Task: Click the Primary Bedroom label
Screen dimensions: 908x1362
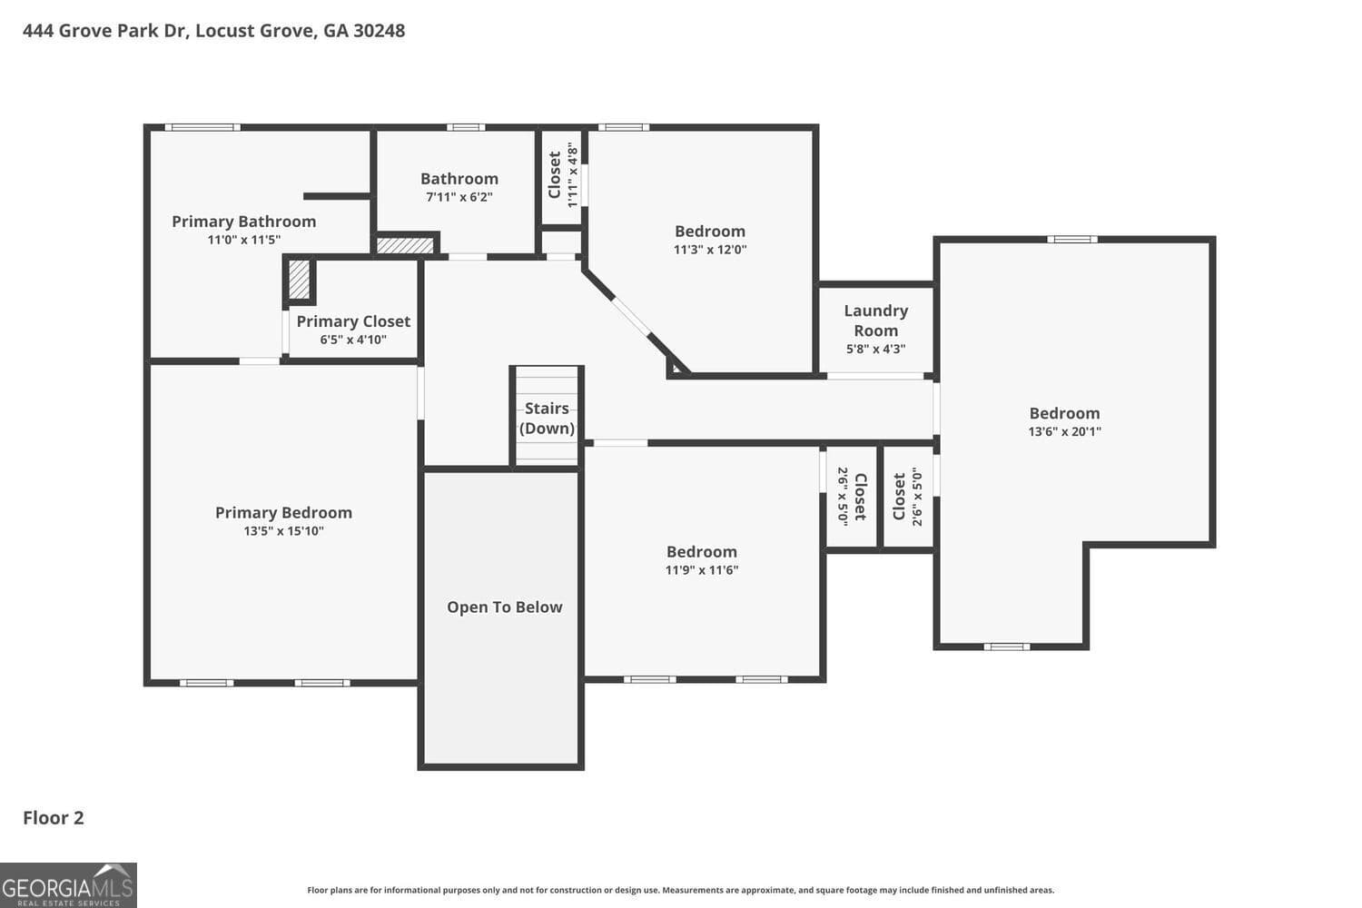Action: pyautogui.click(x=283, y=513)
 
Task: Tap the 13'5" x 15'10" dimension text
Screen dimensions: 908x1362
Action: pyautogui.click(x=283, y=531)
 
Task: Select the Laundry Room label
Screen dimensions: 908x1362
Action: pyautogui.click(x=875, y=321)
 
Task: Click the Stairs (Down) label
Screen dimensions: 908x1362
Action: pyautogui.click(x=547, y=419)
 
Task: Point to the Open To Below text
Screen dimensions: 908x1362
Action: pyautogui.click(x=504, y=607)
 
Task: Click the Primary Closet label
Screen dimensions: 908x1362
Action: pyautogui.click(x=353, y=321)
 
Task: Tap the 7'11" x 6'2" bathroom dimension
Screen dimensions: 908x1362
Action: pyautogui.click(x=459, y=197)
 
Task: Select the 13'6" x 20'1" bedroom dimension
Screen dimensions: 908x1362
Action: pyautogui.click(x=1064, y=432)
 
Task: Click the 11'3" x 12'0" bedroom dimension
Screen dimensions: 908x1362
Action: pyautogui.click(x=709, y=250)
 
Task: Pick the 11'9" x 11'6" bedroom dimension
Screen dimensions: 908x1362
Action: pyautogui.click(x=701, y=570)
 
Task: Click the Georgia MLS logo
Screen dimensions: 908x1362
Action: pyautogui.click(x=68, y=885)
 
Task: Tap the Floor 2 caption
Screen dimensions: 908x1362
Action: pyautogui.click(x=54, y=818)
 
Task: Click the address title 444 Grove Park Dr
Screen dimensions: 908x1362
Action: pyautogui.click(x=213, y=31)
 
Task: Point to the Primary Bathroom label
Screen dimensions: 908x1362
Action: pyautogui.click(x=243, y=222)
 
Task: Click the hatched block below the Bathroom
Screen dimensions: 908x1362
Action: pyautogui.click(x=405, y=245)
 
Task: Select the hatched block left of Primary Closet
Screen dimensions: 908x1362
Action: pyautogui.click(x=299, y=281)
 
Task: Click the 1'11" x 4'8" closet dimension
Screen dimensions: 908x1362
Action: pyautogui.click(x=573, y=175)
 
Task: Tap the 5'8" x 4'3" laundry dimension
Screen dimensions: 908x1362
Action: pyautogui.click(x=875, y=349)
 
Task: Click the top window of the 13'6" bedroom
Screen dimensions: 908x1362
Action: pyautogui.click(x=1071, y=240)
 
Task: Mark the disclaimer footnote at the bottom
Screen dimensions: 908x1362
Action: pyautogui.click(x=681, y=891)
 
